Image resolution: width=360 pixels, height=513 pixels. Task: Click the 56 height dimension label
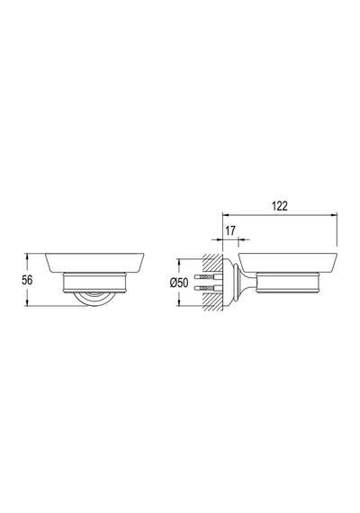pyautogui.click(x=27, y=280)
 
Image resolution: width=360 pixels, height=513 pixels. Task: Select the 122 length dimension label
pyautogui.click(x=280, y=206)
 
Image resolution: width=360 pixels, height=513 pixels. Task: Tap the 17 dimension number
pyautogui.click(x=230, y=230)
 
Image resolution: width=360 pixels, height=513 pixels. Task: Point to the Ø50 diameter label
pyautogui.click(x=179, y=283)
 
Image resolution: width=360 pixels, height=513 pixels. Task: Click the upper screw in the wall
pyautogui.click(x=209, y=276)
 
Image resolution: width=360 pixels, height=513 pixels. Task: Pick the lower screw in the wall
pyautogui.click(x=209, y=288)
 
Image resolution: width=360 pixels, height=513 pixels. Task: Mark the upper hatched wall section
pyautogui.click(x=212, y=263)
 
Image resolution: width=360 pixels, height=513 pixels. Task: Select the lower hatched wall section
pyautogui.click(x=212, y=302)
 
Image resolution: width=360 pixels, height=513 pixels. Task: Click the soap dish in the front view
pyautogui.click(x=94, y=263)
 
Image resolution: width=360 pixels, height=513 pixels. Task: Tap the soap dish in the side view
pyautogui.click(x=287, y=263)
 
